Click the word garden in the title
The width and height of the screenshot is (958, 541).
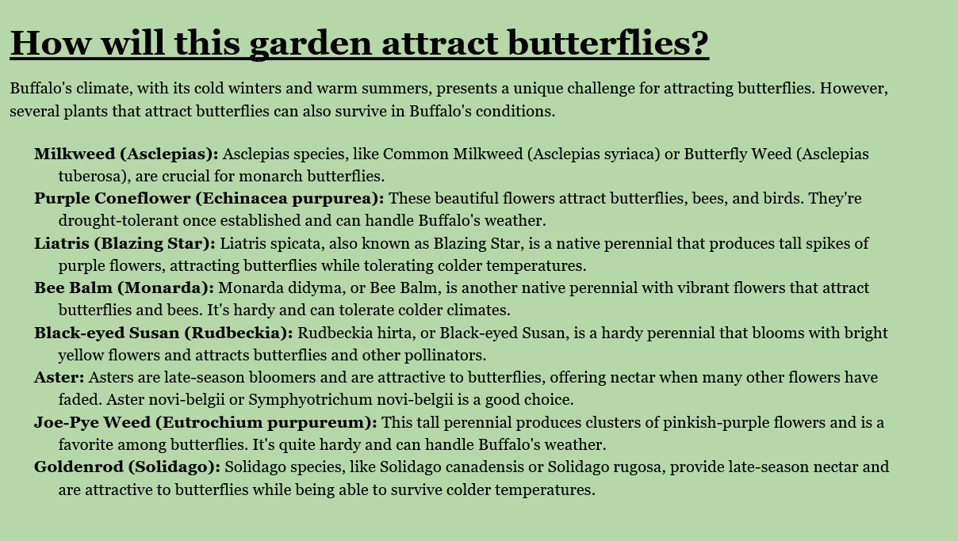(x=311, y=44)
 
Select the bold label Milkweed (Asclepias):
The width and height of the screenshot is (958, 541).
(x=126, y=154)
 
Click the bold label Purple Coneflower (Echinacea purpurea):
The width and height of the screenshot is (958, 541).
(x=209, y=199)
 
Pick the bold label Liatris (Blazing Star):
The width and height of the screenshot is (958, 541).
(x=125, y=244)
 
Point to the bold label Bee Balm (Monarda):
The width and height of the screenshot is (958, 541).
(x=124, y=288)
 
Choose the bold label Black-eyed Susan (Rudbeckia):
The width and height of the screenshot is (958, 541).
(x=163, y=333)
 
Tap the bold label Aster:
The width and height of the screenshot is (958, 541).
(x=59, y=377)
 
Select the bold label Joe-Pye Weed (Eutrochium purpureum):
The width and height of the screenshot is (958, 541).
(x=205, y=423)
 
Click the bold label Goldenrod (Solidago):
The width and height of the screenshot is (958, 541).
(x=128, y=467)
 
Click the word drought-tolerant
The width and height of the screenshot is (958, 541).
(x=118, y=220)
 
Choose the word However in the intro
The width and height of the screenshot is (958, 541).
(x=853, y=89)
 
